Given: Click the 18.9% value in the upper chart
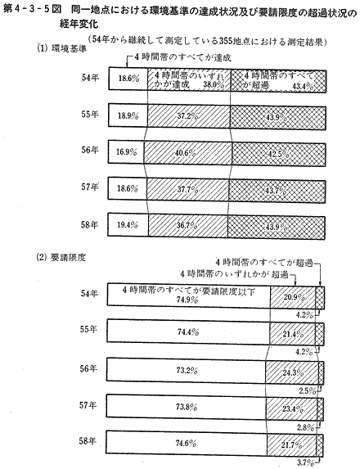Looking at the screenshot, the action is click(x=128, y=115).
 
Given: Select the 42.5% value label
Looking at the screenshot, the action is click(x=278, y=155).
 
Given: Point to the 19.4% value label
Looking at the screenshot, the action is click(x=128, y=225).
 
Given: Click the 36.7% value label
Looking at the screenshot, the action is click(x=187, y=226).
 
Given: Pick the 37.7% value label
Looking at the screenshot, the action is click(x=187, y=189).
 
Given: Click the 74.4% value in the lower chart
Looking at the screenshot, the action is click(x=188, y=331).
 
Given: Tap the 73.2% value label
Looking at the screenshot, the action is click(x=187, y=371).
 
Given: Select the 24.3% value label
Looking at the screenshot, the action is click(x=294, y=373).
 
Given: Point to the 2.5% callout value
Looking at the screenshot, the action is click(x=308, y=390).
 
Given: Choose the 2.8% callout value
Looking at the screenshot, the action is click(x=305, y=427).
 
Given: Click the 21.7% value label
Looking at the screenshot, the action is click(x=291, y=444).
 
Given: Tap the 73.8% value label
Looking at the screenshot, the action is click(x=187, y=407).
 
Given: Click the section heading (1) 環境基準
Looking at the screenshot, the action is click(x=62, y=48).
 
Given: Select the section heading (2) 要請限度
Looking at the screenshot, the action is click(x=61, y=258).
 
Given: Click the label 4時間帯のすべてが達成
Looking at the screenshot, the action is click(x=182, y=57).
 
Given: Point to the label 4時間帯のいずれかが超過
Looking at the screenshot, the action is click(x=234, y=274).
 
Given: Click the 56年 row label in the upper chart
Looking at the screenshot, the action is click(x=90, y=150).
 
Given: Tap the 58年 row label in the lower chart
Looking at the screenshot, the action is click(x=88, y=441).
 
